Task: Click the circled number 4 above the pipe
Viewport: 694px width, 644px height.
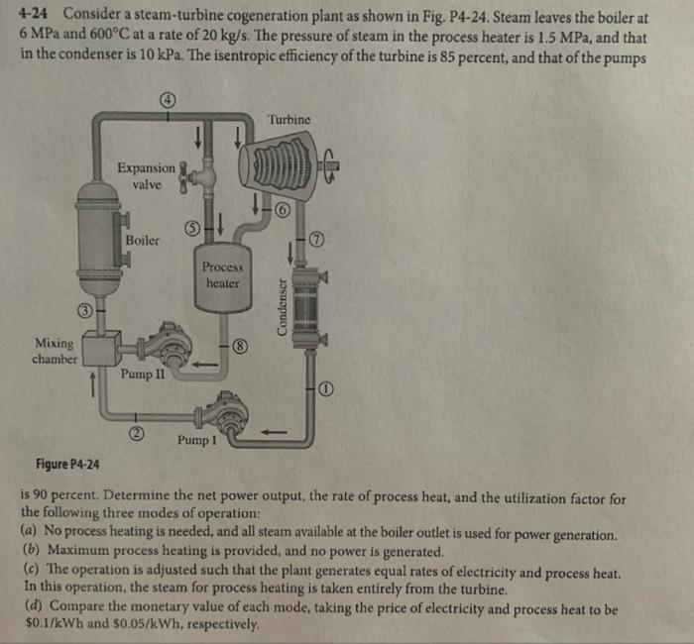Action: point(168,100)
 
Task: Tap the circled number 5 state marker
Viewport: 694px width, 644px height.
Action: point(191,229)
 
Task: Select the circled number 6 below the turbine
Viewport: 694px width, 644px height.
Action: point(284,211)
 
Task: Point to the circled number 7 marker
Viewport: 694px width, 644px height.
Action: point(317,240)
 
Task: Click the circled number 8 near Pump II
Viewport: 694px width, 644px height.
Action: point(241,346)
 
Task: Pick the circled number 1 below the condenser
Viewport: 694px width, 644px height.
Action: point(326,389)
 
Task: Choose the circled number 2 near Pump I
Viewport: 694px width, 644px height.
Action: point(137,434)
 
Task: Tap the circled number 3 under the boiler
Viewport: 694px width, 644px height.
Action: point(85,310)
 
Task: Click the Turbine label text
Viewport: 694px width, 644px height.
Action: point(289,120)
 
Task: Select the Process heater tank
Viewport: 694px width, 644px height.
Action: point(223,277)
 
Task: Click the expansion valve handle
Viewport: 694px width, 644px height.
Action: point(183,177)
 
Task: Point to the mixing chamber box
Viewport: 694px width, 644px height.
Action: point(102,348)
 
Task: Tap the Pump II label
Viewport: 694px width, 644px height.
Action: point(143,375)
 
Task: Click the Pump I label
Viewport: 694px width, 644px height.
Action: point(197,440)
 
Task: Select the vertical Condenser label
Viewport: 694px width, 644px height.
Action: point(281,306)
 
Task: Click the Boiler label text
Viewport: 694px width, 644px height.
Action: point(142,240)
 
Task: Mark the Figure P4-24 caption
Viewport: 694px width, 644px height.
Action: point(67,464)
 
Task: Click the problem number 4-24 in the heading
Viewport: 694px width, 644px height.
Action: point(33,14)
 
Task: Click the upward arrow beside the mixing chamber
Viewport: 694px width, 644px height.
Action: point(93,384)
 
